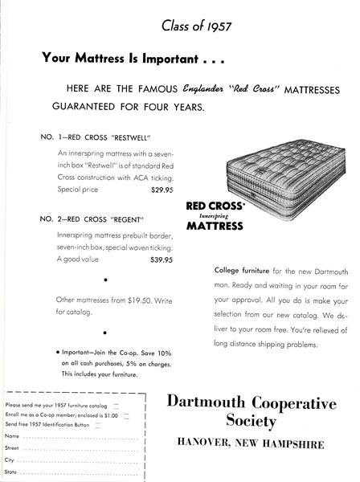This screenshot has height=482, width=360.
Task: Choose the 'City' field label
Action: pyautogui.click(x=10, y=460)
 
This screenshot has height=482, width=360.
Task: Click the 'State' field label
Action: pyautogui.click(x=12, y=473)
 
